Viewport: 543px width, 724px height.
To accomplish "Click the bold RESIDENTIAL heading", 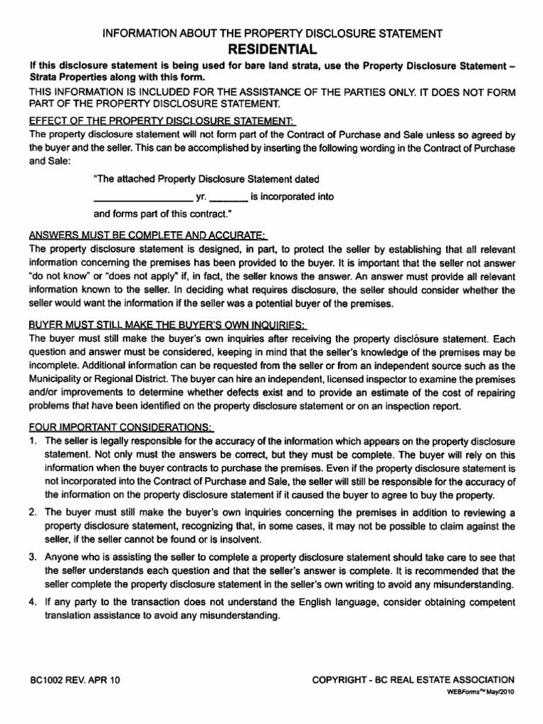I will [272, 49].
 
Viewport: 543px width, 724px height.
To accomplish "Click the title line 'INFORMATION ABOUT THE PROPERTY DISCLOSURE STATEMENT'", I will [272, 34].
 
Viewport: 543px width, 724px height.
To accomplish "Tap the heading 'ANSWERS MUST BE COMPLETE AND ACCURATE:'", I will [148, 235].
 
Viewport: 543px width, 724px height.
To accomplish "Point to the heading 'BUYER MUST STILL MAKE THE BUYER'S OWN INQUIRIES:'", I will [168, 325].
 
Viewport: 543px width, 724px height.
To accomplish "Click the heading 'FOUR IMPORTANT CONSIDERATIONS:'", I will [120, 428].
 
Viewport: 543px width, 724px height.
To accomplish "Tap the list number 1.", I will [33, 441].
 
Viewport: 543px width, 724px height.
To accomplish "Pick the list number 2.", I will [33, 513].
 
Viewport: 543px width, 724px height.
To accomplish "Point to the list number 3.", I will [33, 556].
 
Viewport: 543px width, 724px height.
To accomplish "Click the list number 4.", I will [33, 602].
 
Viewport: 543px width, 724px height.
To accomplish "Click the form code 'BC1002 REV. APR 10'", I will [75, 679].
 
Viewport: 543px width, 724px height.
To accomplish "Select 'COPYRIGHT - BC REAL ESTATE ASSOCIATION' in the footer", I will [414, 679].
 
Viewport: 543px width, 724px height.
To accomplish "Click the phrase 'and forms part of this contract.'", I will [163, 214].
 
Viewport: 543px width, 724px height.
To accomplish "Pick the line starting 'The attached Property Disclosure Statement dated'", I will [206, 179].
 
